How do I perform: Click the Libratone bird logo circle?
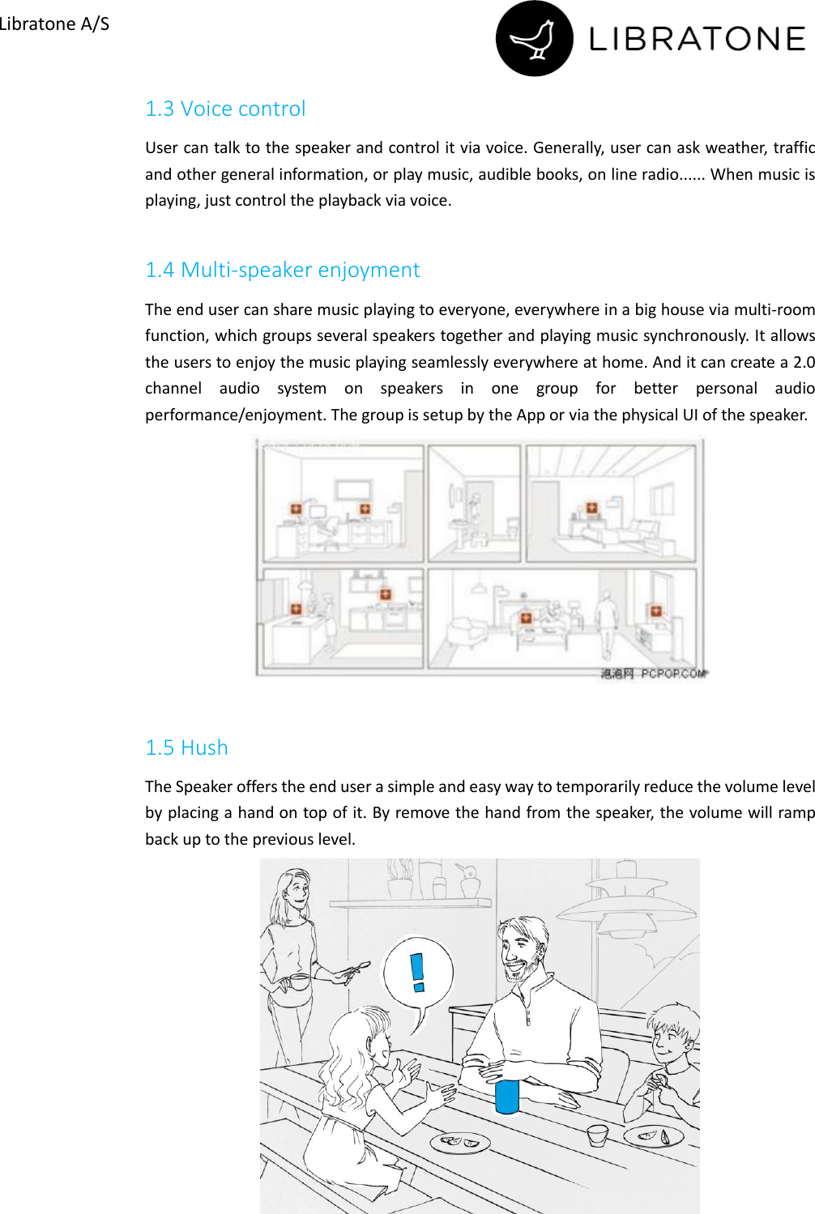pyautogui.click(x=534, y=39)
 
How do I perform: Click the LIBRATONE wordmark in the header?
pyautogui.click(x=697, y=39)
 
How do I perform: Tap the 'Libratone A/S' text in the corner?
pyautogui.click(x=54, y=23)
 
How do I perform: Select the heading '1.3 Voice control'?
pyautogui.click(x=225, y=109)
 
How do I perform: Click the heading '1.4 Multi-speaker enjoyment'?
pyautogui.click(x=282, y=270)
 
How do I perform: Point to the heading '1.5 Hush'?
pyautogui.click(x=186, y=748)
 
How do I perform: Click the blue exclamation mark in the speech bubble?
pyautogui.click(x=417, y=972)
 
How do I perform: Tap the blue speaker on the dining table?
pyautogui.click(x=507, y=1096)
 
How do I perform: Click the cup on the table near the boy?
pyautogui.click(x=598, y=1135)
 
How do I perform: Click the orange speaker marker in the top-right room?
pyautogui.click(x=591, y=508)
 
